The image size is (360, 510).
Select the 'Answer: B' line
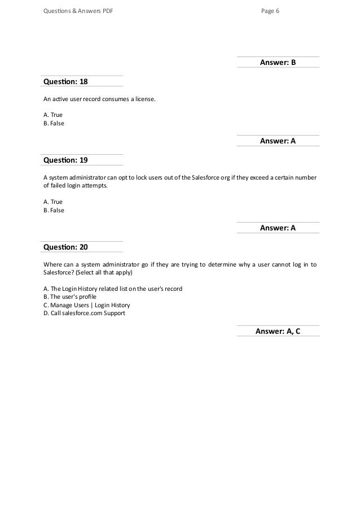point(278,62)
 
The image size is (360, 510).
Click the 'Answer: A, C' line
point(278,331)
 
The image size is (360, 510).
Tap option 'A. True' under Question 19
point(53,202)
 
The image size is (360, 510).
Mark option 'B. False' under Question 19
point(54,211)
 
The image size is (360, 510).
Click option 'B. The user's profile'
point(70,297)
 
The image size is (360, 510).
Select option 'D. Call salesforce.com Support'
point(84,313)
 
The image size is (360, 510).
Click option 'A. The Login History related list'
point(113,288)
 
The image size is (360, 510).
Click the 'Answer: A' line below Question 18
point(278,141)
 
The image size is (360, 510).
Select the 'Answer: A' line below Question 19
point(278,228)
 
